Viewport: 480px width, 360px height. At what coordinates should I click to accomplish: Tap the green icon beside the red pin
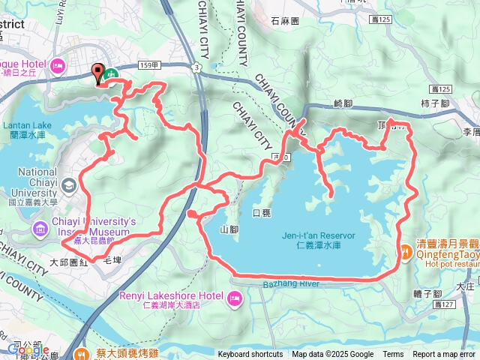[x=111, y=74]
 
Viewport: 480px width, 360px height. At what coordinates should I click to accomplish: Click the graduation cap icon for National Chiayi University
[x=69, y=184]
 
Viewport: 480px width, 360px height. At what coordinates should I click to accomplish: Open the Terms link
[x=393, y=354]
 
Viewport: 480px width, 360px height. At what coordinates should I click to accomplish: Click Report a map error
[x=444, y=354]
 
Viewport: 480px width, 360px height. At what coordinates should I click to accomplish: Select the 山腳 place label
[x=229, y=229]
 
